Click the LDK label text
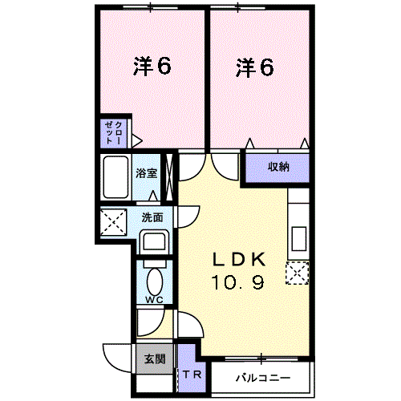point(239,259)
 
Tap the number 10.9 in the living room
point(237,282)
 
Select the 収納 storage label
point(278,167)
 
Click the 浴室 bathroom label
point(146,173)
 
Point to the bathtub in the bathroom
point(115,176)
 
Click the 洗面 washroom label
point(152,217)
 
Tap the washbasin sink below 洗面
point(154,241)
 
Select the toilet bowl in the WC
point(155,282)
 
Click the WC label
point(154,300)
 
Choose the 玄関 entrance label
point(155,359)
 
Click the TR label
point(192,375)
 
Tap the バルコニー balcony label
point(263,378)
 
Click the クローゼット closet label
point(113,133)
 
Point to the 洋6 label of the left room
point(152,67)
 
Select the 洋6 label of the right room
point(255,67)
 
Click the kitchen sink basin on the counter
point(299,239)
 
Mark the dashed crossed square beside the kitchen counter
point(298,273)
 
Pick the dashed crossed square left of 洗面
point(113,223)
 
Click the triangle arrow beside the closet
point(137,141)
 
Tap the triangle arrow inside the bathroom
point(153,196)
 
